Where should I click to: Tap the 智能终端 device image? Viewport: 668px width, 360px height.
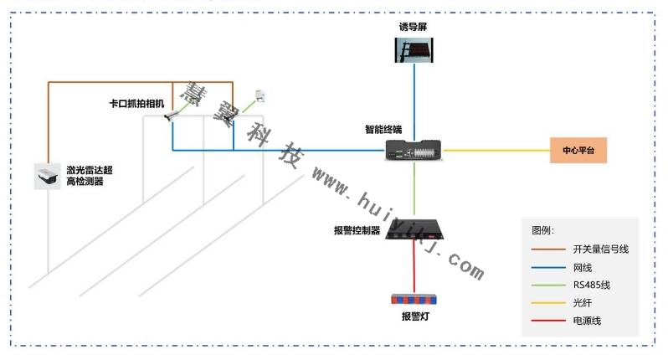coord(414,151)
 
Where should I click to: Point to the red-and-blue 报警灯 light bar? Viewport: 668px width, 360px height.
coord(414,299)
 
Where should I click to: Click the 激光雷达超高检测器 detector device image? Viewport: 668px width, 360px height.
coord(49,176)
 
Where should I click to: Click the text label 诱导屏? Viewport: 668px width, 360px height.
coord(414,27)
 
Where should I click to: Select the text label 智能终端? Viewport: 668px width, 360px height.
coord(383,129)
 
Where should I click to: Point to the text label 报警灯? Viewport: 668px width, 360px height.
coord(414,317)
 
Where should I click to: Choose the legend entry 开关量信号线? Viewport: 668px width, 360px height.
coord(599,249)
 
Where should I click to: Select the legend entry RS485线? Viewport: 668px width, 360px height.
coord(591,285)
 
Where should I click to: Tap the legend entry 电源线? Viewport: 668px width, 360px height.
coord(586,321)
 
